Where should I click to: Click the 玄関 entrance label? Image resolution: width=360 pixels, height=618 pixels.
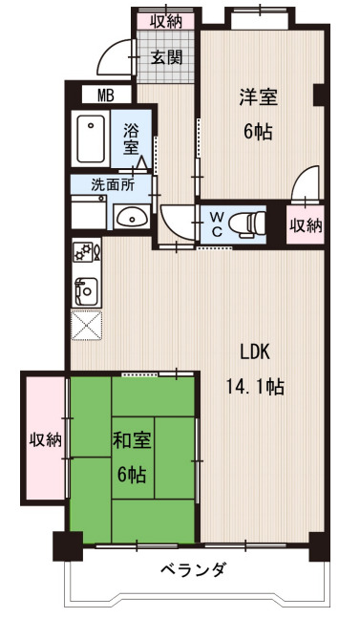166,56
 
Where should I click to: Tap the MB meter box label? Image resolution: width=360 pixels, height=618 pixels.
106,95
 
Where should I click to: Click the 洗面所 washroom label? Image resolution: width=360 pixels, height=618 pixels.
112,186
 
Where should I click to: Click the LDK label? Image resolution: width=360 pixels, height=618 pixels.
254,352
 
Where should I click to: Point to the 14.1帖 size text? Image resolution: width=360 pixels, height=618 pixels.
254,386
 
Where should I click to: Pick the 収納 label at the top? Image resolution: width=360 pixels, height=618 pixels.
165,19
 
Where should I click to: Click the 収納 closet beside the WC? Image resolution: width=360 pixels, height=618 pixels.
306,225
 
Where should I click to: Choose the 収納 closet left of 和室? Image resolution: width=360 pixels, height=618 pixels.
44,440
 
